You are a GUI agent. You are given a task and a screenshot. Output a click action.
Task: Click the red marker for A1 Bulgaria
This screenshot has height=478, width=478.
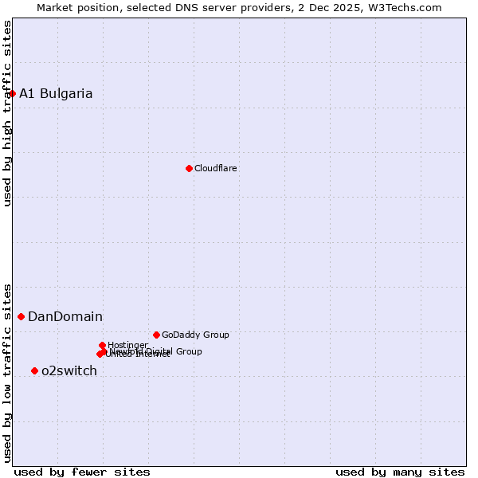click(12, 94)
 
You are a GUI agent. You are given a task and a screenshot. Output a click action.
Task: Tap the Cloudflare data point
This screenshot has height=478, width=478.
click(189, 168)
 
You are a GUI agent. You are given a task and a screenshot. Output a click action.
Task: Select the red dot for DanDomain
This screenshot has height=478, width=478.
click(21, 317)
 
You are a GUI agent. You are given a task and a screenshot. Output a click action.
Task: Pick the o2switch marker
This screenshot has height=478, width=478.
click(34, 371)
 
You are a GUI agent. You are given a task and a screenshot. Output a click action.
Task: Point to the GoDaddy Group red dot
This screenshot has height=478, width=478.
click(156, 335)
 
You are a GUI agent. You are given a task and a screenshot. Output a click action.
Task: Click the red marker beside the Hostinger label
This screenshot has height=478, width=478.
click(102, 345)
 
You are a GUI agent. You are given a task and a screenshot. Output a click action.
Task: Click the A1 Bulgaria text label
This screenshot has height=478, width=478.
click(56, 94)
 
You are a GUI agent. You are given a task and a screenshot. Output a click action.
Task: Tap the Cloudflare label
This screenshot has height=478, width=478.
click(215, 168)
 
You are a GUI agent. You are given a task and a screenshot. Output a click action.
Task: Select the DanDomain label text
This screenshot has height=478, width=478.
click(65, 317)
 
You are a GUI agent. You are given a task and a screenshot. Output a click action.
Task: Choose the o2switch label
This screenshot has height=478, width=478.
click(69, 371)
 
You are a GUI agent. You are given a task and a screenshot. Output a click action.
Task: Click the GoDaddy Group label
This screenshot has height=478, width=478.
click(195, 335)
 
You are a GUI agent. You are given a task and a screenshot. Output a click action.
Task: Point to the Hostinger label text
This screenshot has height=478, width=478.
click(127, 345)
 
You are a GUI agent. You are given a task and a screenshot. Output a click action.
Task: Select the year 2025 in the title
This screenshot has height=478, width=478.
click(357, 7)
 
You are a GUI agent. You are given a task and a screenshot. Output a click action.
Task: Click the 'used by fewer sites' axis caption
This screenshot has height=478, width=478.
click(82, 472)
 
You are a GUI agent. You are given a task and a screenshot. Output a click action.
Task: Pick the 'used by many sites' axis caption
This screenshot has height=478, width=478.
click(400, 472)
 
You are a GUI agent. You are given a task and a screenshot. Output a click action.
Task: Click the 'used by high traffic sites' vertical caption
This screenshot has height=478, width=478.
click(7, 113)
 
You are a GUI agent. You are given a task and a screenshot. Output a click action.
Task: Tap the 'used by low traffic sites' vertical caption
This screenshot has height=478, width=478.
click(7, 372)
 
